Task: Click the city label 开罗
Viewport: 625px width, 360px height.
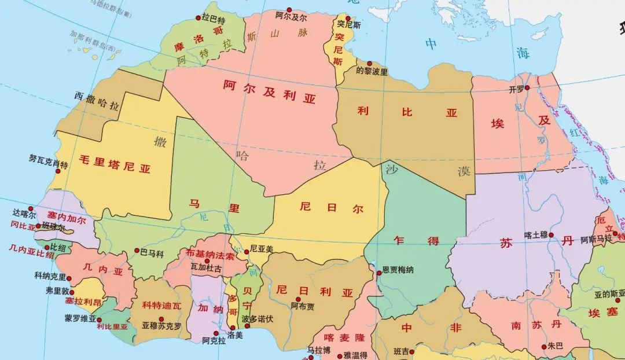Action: (x=516, y=90)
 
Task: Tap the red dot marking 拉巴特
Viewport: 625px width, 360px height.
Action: (x=198, y=19)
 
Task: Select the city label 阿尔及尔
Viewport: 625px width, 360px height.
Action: (x=291, y=17)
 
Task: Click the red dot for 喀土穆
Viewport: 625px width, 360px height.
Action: (x=552, y=235)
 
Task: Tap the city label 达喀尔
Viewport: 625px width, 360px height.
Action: (x=24, y=213)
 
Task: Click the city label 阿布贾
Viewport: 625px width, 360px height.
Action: (x=303, y=306)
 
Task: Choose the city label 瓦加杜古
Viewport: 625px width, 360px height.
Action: (x=206, y=269)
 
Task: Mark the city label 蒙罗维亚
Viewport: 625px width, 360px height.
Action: (x=80, y=318)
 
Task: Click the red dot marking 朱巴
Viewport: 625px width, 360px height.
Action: (x=544, y=347)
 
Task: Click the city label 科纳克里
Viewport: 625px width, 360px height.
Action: (x=50, y=277)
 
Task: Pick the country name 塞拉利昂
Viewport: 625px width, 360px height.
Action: (x=83, y=302)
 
